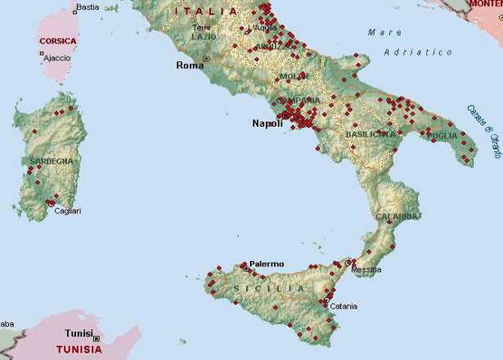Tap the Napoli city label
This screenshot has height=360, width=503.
266,123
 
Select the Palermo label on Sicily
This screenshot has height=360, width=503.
267,263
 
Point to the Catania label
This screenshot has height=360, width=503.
344,307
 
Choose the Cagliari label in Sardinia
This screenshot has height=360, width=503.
68,211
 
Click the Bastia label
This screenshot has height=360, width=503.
88,7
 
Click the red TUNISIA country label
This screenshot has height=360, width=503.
79,349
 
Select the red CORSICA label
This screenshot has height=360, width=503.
58,40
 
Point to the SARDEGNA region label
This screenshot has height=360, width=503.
51,161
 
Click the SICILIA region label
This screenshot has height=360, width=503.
269,289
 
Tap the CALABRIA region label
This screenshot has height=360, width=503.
397,217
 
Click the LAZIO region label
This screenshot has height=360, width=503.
204,37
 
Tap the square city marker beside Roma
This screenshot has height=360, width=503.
206,59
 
